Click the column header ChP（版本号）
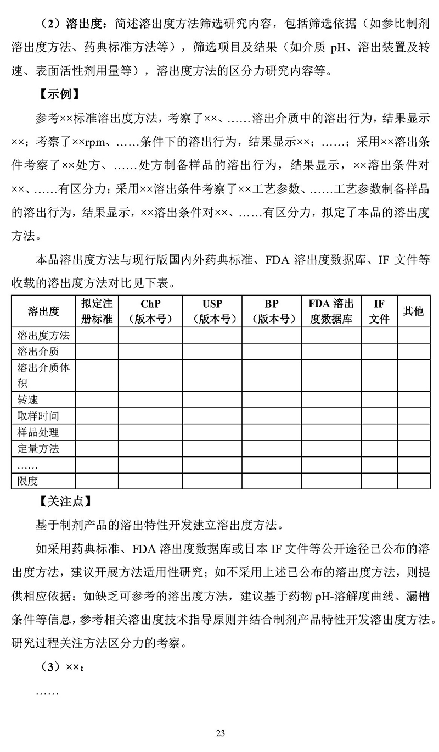click(x=150, y=311)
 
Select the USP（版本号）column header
click(x=212, y=311)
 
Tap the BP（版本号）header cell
click(x=271, y=311)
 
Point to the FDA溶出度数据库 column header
click(x=331, y=311)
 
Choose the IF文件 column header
click(x=379, y=311)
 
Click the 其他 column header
click(x=413, y=311)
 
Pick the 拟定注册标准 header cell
click(x=97, y=311)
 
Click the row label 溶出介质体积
click(x=43, y=375)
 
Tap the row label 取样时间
click(x=38, y=416)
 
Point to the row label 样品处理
click(x=38, y=432)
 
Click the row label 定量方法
click(x=38, y=448)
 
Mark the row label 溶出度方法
click(x=43, y=335)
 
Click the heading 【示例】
click(x=60, y=94)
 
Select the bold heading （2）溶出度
click(x=71, y=24)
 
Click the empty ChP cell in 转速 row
click(x=150, y=400)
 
